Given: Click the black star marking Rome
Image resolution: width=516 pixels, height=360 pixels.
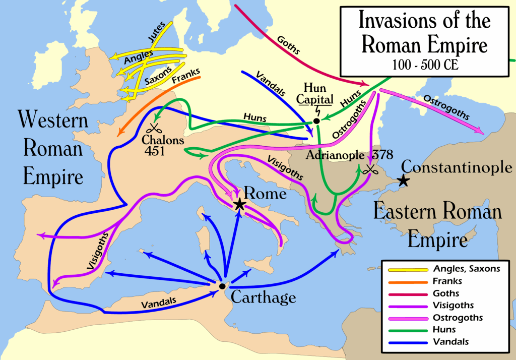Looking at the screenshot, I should (239, 204).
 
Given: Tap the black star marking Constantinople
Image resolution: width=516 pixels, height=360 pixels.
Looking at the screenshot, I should (403, 181).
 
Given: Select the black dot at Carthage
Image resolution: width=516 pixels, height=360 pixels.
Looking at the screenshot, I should (222, 286).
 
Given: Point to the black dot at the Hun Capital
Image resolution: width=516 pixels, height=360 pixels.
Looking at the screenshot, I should (316, 121).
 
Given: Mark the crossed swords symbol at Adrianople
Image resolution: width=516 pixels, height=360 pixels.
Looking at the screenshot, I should (370, 170).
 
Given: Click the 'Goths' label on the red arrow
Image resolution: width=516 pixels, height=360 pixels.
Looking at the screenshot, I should (288, 45).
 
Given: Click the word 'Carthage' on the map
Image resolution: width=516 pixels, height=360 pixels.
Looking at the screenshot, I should (263, 297).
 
